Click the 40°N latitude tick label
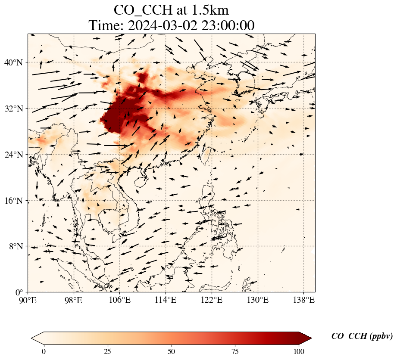(15, 62)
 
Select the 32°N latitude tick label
(15, 109)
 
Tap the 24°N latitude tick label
(15, 155)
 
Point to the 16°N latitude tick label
(15, 201)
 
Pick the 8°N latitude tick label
(17, 246)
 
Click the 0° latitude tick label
(20, 292)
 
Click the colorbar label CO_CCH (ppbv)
(362, 336)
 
